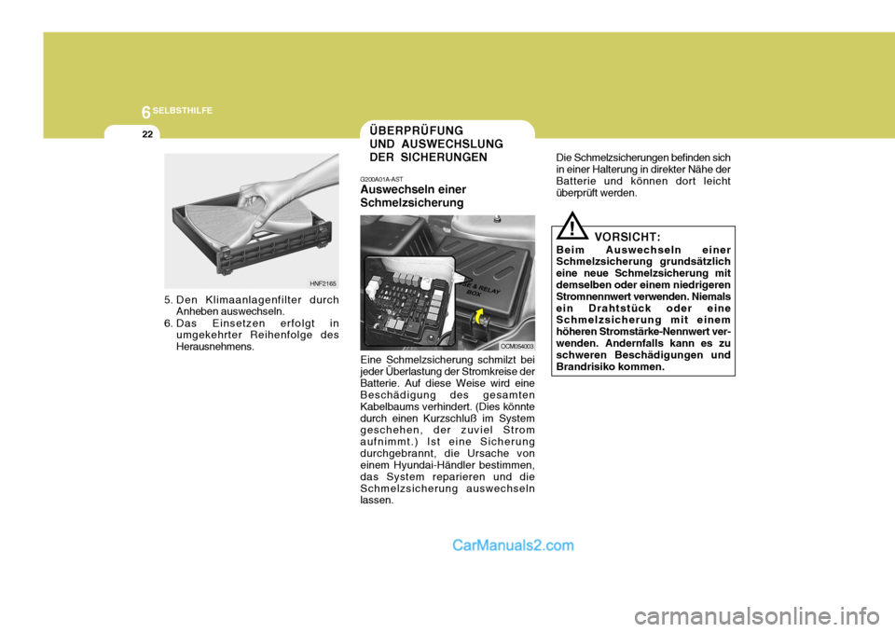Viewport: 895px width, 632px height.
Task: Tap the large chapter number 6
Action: (x=145, y=112)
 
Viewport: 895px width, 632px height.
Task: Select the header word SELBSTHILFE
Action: (x=184, y=111)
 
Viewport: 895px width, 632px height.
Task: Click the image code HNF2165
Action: (x=323, y=283)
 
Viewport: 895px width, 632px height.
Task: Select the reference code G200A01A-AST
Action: (x=381, y=178)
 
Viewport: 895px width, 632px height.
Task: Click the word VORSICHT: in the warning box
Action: (x=626, y=238)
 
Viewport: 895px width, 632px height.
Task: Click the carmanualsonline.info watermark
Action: (x=771, y=614)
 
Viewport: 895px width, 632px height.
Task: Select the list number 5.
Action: (x=169, y=300)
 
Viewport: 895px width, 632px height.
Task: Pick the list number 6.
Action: (x=169, y=323)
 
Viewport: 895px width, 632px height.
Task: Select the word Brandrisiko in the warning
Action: (x=591, y=366)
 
